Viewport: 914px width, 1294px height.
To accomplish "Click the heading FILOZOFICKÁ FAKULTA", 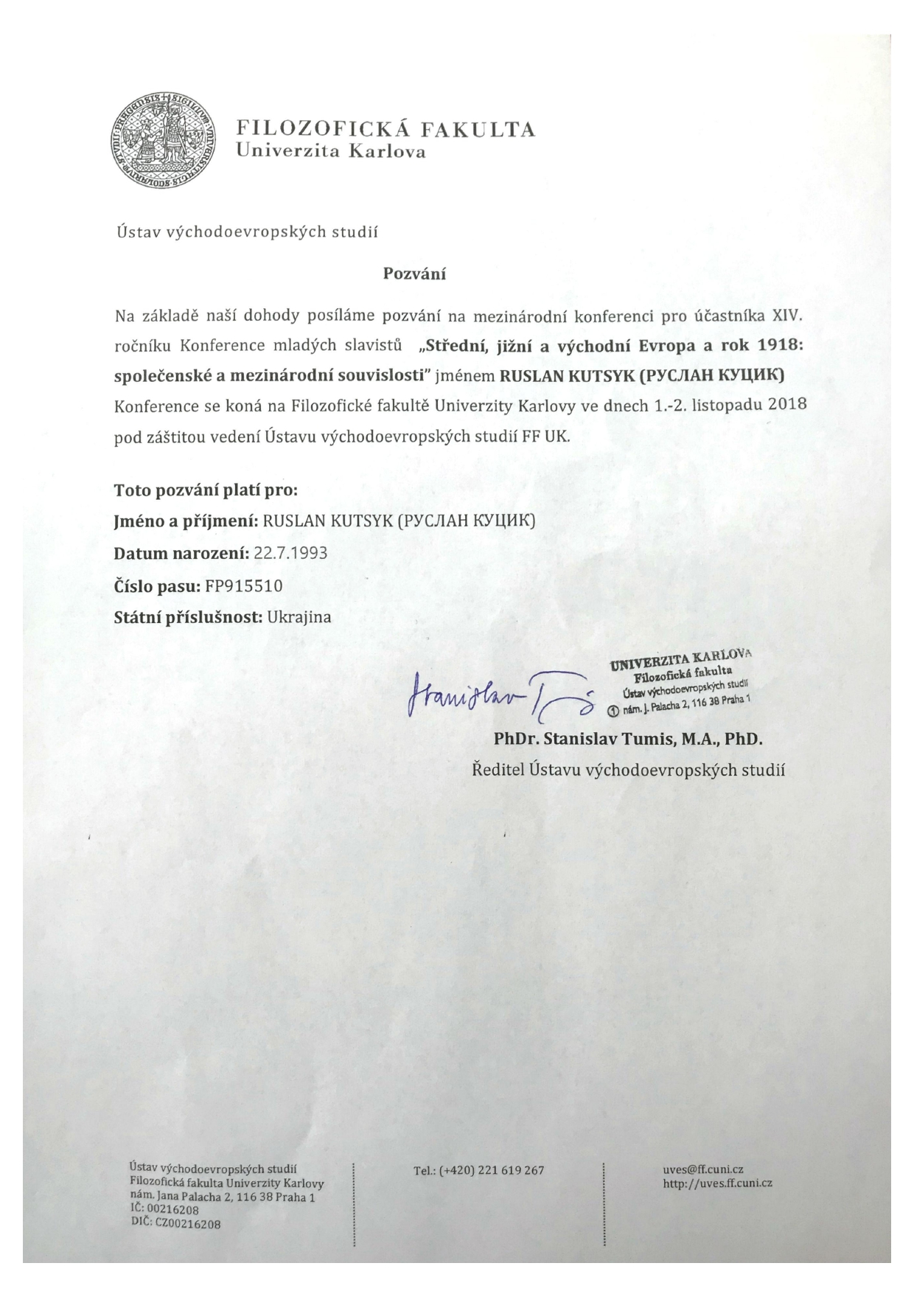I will click(385, 130).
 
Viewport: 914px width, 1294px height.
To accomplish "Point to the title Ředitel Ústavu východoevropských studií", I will click(628, 771).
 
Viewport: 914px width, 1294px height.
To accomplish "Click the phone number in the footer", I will click(479, 1170).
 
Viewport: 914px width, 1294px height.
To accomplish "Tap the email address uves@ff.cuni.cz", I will click(703, 1169).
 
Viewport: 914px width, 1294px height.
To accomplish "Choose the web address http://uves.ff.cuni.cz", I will click(718, 1183).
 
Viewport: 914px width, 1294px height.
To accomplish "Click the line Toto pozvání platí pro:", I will click(206, 490).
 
